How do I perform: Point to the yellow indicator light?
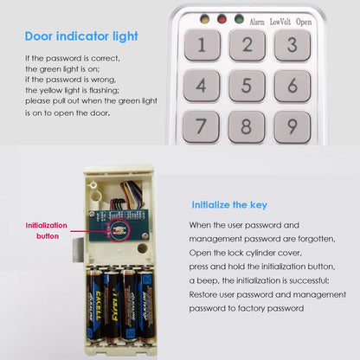coord(204,18)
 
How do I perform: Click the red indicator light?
coord(222,18)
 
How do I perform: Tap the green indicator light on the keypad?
coord(239,18)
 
